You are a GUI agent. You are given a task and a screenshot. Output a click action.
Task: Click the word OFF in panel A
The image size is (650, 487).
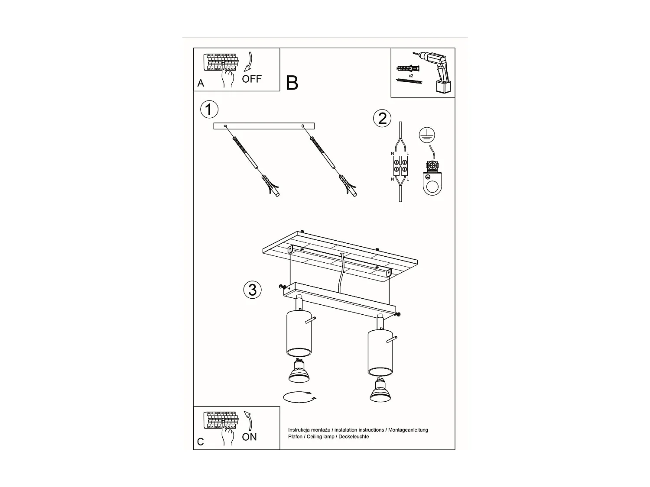[x=252, y=79]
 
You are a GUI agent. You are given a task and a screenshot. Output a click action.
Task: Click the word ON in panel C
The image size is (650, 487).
[x=250, y=437]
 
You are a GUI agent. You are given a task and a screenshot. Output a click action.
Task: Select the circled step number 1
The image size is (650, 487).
[x=209, y=110]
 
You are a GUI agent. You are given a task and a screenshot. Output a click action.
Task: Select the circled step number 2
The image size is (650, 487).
[x=382, y=118]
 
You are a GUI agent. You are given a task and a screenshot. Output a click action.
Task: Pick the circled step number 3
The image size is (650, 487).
[x=253, y=289]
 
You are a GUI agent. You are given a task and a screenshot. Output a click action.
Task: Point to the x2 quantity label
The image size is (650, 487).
[x=411, y=75]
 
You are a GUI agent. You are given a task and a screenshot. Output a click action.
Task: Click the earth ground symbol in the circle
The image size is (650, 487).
[x=427, y=136]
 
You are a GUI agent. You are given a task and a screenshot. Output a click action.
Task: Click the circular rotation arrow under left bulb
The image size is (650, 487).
[x=299, y=397]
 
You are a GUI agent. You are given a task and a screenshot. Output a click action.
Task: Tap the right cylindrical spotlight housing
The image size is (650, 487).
[x=380, y=352]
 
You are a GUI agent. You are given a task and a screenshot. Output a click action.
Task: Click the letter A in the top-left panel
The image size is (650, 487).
[x=201, y=83]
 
